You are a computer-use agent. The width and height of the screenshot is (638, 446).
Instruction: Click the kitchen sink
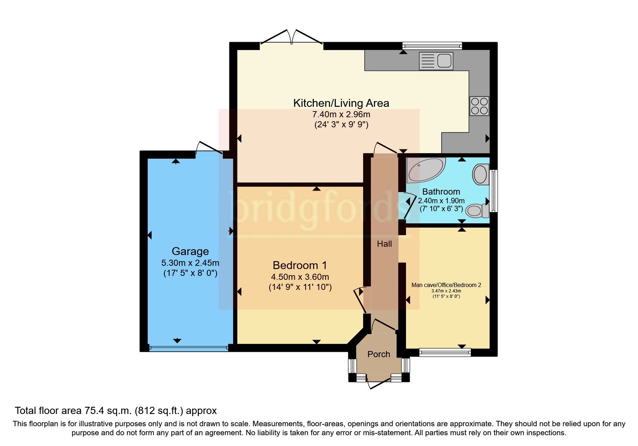tap(436, 61)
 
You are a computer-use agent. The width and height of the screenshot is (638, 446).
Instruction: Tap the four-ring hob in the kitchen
tap(479, 106)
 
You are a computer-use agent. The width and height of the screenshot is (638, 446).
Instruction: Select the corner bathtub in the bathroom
tap(426, 169)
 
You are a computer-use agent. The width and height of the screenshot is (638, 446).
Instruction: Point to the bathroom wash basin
tap(481, 174)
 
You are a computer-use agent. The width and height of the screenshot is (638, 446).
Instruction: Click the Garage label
tap(190, 251)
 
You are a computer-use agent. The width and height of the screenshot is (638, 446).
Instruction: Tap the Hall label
tap(384, 244)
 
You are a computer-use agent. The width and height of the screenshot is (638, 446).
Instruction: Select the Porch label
tap(379, 354)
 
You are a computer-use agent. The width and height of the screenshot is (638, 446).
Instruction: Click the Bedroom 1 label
tap(300, 265)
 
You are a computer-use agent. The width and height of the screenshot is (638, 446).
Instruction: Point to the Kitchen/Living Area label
tap(341, 103)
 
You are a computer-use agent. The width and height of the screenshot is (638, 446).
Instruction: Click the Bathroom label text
tap(441, 192)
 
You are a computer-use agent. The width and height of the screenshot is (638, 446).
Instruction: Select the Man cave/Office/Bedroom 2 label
tap(446, 285)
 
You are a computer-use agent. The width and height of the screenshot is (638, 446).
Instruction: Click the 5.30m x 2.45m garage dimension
tap(190, 263)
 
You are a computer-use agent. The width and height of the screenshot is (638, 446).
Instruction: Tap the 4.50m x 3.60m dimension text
tap(300, 277)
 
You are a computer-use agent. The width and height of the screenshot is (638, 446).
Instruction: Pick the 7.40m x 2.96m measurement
tap(341, 115)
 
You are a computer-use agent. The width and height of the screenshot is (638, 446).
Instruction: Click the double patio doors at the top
tap(291, 37)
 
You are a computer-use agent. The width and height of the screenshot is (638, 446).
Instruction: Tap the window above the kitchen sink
tap(432, 46)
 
